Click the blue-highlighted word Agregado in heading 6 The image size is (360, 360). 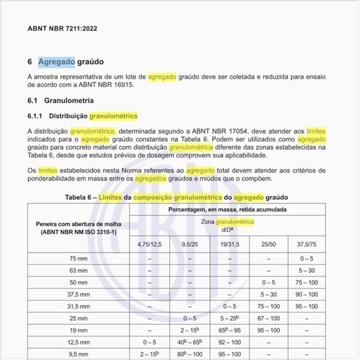pos(56,62)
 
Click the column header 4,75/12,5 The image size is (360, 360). pos(150,244)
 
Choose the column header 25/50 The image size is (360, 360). pos(269,244)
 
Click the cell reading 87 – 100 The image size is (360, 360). pos(269,317)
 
